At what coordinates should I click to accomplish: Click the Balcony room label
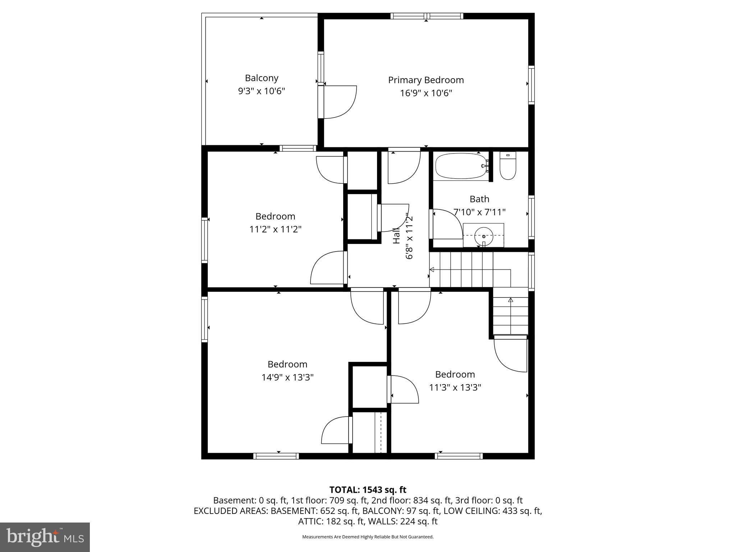point(262,78)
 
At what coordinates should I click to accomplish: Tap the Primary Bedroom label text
point(426,80)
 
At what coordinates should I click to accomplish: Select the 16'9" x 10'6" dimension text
point(426,93)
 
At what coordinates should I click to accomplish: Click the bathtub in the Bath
point(461,166)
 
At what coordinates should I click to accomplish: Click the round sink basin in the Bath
point(483,236)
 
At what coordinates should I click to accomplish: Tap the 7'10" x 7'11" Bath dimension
point(479,212)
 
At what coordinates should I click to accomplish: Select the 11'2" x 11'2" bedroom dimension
point(275,229)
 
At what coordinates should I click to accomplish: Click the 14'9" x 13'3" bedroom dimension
point(287,377)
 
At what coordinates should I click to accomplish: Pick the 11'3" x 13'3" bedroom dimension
point(455,387)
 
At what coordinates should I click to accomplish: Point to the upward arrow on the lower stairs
point(510,300)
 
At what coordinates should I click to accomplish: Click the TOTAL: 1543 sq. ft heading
point(368,489)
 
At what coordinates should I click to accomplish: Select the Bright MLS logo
point(45,537)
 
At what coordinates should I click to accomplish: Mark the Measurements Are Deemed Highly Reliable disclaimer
point(368,537)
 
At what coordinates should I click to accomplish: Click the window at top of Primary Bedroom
point(427,16)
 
